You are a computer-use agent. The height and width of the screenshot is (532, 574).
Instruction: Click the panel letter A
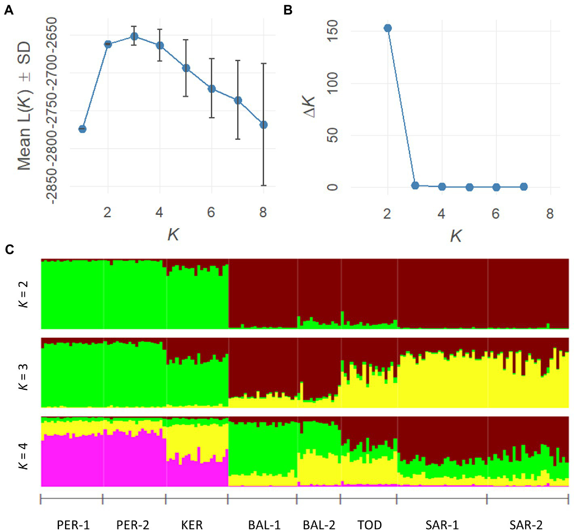pyautogui.click(x=8, y=10)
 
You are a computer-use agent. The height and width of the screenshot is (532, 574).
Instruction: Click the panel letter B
pyautogui.click(x=288, y=10)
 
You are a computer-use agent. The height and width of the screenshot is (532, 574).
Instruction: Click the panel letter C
pyautogui.click(x=9, y=249)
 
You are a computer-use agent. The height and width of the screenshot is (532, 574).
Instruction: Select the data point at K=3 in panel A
pyautogui.click(x=135, y=36)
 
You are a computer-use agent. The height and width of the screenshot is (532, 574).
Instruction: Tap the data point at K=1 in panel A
pyautogui.click(x=82, y=129)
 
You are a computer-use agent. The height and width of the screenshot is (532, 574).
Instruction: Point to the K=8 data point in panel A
pyautogui.click(x=263, y=125)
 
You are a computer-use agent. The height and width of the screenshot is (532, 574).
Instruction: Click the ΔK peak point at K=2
pyautogui.click(x=388, y=28)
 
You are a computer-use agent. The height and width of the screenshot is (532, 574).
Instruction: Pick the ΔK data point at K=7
pyautogui.click(x=524, y=187)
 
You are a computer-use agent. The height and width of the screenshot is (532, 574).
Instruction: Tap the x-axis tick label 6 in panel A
pyautogui.click(x=211, y=212)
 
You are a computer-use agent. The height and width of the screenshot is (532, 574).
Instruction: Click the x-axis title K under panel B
pyautogui.click(x=456, y=236)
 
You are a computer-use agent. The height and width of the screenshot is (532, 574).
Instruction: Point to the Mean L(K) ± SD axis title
pyautogui.click(x=24, y=106)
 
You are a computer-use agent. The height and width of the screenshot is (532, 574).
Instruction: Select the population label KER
pyautogui.click(x=192, y=525)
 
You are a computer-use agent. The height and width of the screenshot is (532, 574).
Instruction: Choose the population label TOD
pyautogui.click(x=369, y=525)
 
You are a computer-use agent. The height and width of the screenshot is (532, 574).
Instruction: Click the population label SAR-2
pyautogui.click(x=526, y=525)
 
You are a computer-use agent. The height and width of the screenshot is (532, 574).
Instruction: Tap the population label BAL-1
pyautogui.click(x=264, y=525)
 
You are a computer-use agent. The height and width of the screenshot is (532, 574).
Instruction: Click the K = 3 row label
pyautogui.click(x=23, y=376)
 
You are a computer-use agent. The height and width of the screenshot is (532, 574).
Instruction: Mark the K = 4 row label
pyautogui.click(x=23, y=456)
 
